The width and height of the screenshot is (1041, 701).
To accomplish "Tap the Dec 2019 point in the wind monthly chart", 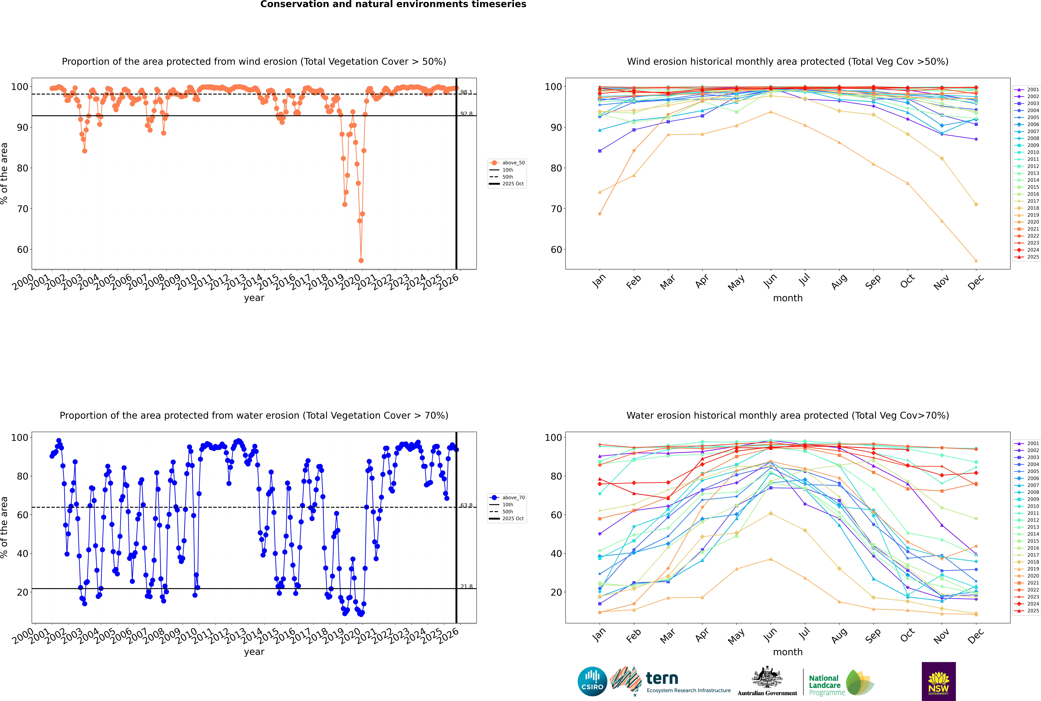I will coord(976,261).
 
